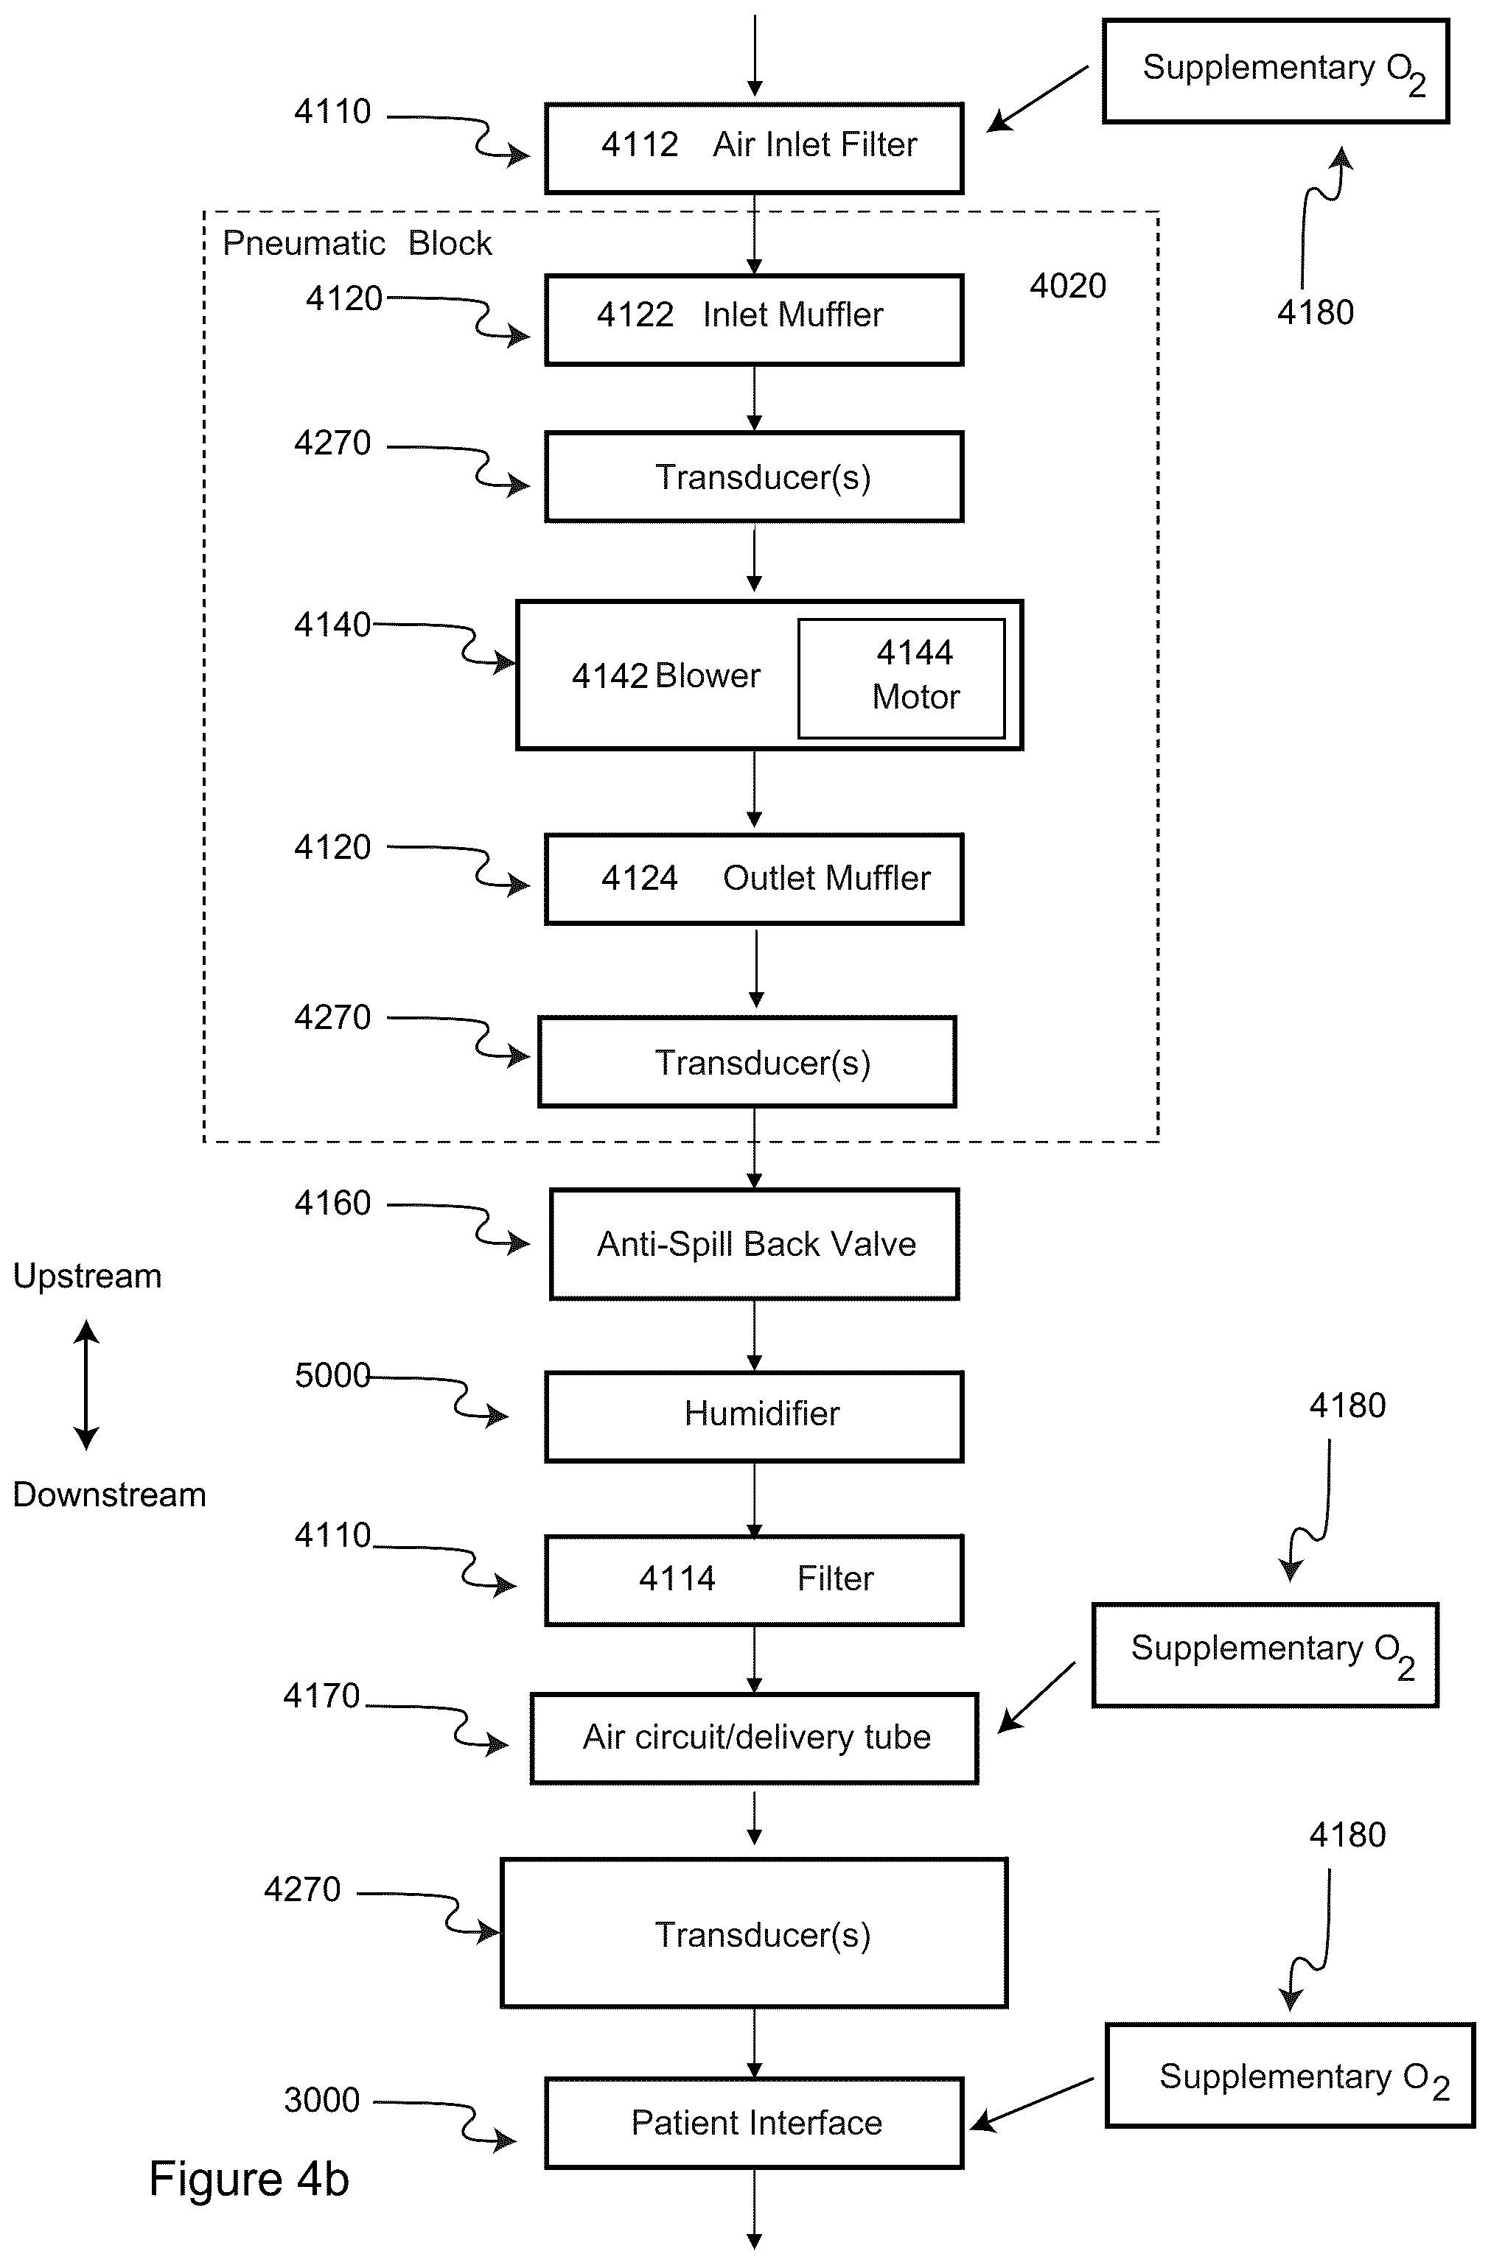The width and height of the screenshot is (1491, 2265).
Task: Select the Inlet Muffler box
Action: pos(754,320)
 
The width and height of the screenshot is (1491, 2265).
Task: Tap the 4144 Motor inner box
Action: pos(901,678)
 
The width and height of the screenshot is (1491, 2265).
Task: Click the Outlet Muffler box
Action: pos(754,879)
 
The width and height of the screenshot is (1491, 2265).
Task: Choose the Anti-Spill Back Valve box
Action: pos(754,1244)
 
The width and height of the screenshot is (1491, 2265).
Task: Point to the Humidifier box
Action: pos(754,1417)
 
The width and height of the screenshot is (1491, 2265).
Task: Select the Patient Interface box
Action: pos(754,2123)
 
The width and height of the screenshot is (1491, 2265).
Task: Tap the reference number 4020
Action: pos(1067,286)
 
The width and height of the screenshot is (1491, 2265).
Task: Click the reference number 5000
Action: pos(332,1375)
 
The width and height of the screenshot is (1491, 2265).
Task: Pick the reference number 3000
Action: pos(322,2100)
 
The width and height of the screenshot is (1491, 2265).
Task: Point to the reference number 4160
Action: pos(332,1203)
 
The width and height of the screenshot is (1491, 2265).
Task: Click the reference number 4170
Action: pos(322,1696)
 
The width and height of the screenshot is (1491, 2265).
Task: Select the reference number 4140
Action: pos(332,625)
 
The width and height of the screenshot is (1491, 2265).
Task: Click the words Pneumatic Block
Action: pos(357,244)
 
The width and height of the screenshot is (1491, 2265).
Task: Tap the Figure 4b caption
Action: pos(249,2180)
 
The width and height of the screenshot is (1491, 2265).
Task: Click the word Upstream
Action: pos(88,1277)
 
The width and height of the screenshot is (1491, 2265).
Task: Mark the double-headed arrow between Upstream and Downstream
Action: pos(87,1385)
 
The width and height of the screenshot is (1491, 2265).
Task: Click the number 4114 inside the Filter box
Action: pos(677,1579)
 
